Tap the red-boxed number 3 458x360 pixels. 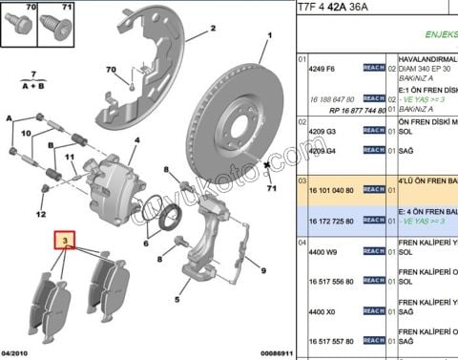pyautogui.click(x=65, y=242)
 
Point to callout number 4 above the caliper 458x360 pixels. pyautogui.click(x=136, y=139)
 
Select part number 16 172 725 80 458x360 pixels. pyautogui.click(x=330, y=221)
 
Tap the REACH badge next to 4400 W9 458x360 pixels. pyautogui.click(x=374, y=253)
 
